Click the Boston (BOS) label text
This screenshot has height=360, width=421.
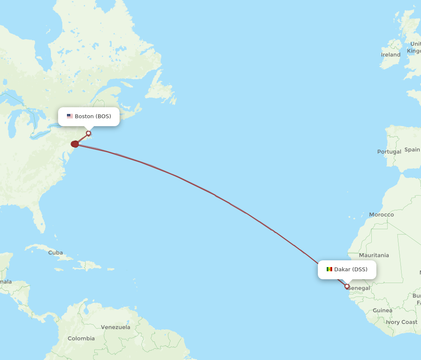pos(93,116)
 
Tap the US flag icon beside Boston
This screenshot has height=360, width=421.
pos(70,116)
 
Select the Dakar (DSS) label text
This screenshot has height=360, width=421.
pos(351,270)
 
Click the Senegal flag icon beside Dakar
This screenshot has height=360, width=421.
pos(329,270)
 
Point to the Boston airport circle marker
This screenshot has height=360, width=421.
pos(88,133)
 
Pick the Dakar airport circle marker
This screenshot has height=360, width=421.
pos(347,286)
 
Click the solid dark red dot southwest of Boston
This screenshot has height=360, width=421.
pos(75,144)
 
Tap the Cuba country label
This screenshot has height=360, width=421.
pos(56,253)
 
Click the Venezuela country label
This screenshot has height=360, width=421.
pos(115,327)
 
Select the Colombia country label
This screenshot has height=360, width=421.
pos(81,339)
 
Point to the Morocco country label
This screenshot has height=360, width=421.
pos(381,215)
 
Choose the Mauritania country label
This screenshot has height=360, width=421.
pos(374,255)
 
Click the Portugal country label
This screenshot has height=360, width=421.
pos(389,152)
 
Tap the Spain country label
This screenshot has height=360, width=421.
pos(412,150)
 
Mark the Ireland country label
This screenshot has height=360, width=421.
pos(391,55)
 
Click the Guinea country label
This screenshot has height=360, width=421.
pos(382,311)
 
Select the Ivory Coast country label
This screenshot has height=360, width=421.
pos(402,322)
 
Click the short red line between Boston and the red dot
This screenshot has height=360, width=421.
pos(82,138)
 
